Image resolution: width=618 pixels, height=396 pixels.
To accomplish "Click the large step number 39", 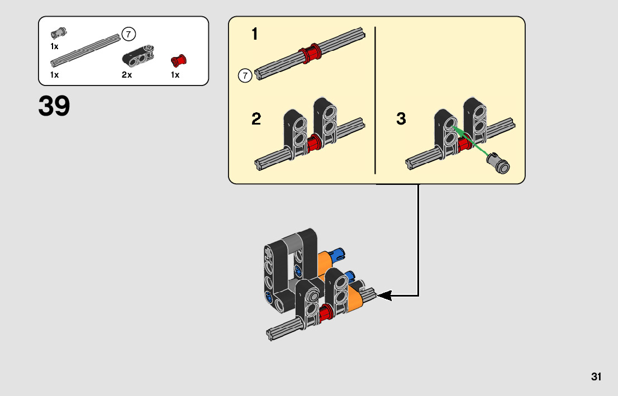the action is coord(54,106).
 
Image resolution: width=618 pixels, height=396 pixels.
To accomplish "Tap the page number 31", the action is coord(596,376).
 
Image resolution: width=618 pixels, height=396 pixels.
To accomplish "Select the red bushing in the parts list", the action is coord(179,60).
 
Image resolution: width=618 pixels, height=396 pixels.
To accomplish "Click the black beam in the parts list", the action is coord(138,55).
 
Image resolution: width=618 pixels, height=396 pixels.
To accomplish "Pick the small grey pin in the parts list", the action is coord(58,34).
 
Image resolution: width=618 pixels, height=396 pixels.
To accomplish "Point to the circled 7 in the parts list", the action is coord(129,34).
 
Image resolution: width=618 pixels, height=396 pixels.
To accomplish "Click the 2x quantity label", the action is coord(126,75).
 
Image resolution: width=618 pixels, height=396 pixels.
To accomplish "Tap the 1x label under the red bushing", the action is coord(175,75).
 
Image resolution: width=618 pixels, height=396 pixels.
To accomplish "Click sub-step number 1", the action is coord(255,34).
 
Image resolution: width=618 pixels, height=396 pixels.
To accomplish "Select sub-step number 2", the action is coord(256,118).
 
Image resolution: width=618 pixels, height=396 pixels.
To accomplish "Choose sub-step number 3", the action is coord(401,118).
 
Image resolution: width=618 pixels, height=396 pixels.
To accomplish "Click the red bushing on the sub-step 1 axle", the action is coord(310,53).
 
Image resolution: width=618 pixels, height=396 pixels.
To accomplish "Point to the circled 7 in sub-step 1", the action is coord(245,75).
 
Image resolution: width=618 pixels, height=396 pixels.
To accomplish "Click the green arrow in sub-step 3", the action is coord(472,140).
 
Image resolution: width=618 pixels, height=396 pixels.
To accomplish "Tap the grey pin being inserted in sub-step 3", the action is coord(498,163).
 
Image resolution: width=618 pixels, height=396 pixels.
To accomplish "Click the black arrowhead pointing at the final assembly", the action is coord(384,295).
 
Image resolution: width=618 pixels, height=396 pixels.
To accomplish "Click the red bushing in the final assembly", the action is coord(325,312).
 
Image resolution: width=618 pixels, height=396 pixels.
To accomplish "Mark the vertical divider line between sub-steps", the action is coord(375,100).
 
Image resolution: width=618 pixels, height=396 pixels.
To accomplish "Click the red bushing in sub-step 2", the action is coord(313,142).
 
